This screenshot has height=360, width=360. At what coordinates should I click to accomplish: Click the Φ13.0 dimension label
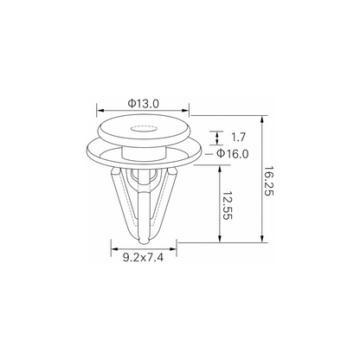(x=144, y=104)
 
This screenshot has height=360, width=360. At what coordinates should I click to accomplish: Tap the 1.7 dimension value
(x=238, y=138)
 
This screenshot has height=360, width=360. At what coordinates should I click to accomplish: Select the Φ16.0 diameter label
(x=232, y=154)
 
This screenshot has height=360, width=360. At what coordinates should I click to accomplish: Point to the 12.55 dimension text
(x=228, y=205)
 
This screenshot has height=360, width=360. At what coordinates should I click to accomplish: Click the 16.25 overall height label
(x=269, y=181)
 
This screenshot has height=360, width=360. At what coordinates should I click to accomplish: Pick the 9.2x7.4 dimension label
(x=144, y=257)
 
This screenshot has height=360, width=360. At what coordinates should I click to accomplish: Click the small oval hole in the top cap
(x=144, y=128)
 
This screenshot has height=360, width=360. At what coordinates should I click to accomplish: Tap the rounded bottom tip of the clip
(x=144, y=241)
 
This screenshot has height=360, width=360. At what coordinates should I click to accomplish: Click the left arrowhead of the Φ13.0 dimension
(x=100, y=110)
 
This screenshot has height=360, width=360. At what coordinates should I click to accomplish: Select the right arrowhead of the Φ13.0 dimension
(x=185, y=110)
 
